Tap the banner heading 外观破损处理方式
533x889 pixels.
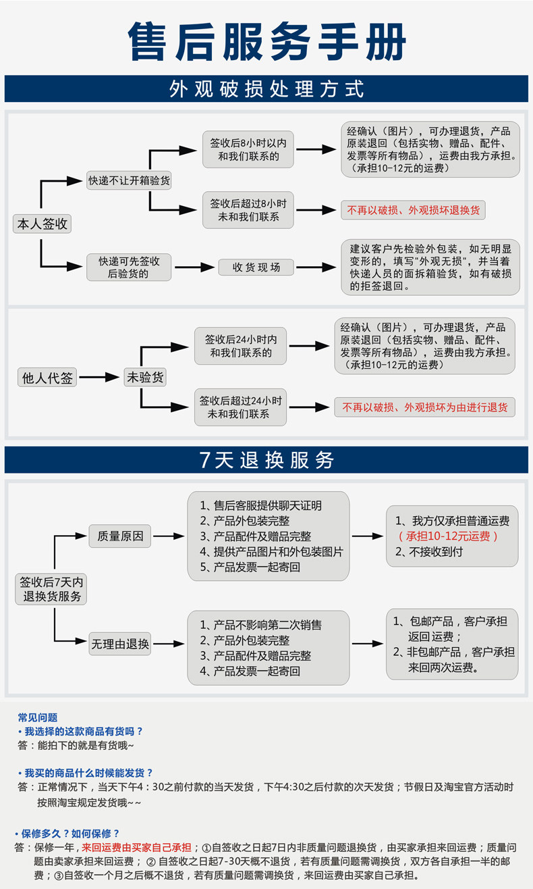pyautogui.click(x=266, y=88)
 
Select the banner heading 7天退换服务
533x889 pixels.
pyautogui.click(x=266, y=460)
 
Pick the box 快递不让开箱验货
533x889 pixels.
pyautogui.click(x=129, y=180)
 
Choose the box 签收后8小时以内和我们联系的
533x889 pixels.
pyautogui.click(x=248, y=150)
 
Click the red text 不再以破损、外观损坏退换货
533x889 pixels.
pyautogui.click(x=413, y=210)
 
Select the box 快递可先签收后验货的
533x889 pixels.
pyautogui.click(x=129, y=267)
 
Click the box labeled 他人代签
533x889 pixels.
pyautogui.click(x=47, y=378)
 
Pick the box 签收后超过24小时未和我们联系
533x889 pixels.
pyautogui.click(x=240, y=407)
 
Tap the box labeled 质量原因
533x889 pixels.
pyautogui.click(x=120, y=536)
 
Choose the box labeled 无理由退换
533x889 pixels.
pyautogui.click(x=120, y=644)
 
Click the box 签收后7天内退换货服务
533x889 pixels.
pyautogui.click(x=51, y=589)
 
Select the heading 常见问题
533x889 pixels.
pyautogui.click(x=38, y=717)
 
